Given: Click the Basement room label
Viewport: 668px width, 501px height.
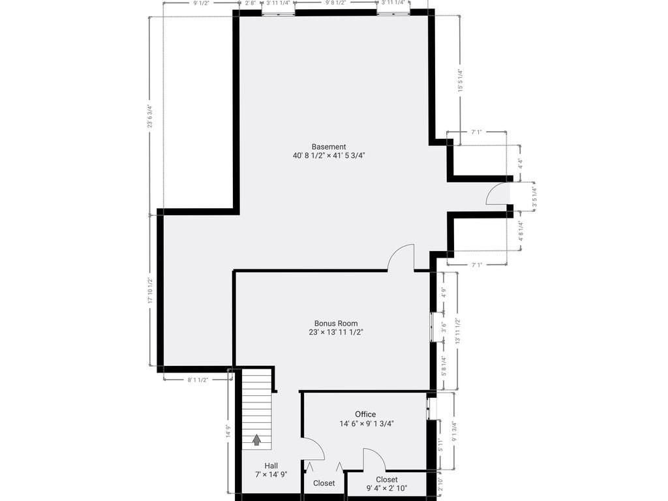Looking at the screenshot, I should (x=329, y=147).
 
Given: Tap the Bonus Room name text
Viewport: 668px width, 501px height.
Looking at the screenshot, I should (x=336, y=324).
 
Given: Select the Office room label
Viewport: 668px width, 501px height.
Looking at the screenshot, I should (x=365, y=414).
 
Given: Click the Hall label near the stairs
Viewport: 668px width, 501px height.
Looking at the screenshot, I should (x=271, y=466).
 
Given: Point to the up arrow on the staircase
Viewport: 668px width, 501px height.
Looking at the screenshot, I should (x=256, y=440).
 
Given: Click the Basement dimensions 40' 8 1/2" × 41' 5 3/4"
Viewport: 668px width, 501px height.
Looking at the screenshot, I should (x=329, y=156).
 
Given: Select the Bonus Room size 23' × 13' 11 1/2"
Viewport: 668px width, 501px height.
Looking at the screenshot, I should (x=336, y=332).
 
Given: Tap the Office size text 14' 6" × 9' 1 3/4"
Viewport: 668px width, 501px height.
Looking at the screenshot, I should (x=366, y=423).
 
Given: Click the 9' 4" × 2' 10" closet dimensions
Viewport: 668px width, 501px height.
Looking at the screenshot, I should (x=386, y=488).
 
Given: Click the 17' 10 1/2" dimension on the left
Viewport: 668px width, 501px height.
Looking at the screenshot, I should (x=150, y=291).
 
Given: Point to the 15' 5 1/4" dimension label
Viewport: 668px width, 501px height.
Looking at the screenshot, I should (x=460, y=82).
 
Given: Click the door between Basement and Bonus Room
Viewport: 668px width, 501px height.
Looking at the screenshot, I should (x=402, y=257).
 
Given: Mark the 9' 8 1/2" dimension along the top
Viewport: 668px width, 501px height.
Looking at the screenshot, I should (x=335, y=3).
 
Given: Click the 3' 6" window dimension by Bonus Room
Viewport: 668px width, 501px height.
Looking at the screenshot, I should (x=443, y=327).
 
